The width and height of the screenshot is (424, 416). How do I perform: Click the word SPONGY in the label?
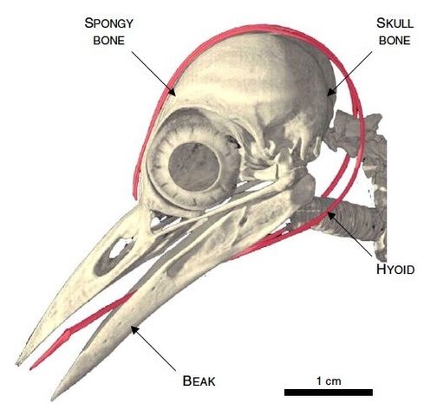109,23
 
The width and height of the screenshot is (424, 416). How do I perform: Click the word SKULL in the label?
395,23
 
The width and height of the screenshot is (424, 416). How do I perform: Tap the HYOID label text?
395,270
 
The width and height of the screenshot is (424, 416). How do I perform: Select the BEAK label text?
199,380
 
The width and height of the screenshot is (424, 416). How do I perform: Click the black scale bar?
329,393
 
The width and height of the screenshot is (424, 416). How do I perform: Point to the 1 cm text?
329,380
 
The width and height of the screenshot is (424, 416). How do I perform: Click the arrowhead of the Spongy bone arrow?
173,92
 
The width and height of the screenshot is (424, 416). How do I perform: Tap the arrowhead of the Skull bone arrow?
331,92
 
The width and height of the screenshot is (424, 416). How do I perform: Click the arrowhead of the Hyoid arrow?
331,216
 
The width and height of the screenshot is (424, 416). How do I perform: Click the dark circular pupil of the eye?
193,166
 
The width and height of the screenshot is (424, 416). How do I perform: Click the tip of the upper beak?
18,363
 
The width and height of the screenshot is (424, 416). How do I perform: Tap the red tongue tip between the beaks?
32,367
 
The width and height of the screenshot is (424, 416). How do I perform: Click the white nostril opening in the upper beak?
119,249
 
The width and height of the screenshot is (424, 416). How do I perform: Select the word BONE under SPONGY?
109,41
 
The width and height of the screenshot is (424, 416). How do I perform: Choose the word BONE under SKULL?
395,41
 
